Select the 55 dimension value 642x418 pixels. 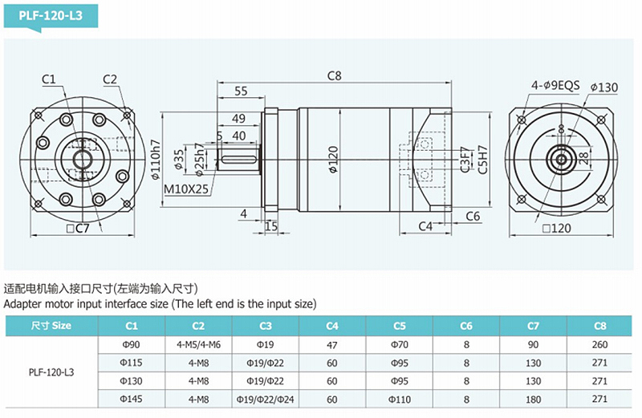click(x=240, y=91)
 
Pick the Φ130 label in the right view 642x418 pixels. click(x=603, y=87)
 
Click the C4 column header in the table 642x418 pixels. click(x=331, y=326)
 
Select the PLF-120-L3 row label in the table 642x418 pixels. click(x=51, y=372)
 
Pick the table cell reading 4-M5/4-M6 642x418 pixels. click(x=198, y=345)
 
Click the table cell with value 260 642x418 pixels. click(x=599, y=345)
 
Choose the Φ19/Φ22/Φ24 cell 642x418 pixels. click(x=265, y=399)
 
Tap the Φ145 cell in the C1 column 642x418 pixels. click(x=131, y=399)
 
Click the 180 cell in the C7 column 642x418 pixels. click(x=532, y=399)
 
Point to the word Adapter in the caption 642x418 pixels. click(x=23, y=304)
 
